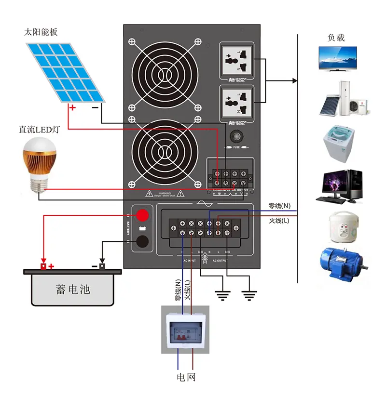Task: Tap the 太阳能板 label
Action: coord(41,32)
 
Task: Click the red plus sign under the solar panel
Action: coord(72,108)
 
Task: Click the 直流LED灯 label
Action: coord(38,130)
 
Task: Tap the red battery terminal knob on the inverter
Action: coord(141,215)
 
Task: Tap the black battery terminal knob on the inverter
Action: coord(141,242)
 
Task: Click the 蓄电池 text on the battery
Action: coord(73,290)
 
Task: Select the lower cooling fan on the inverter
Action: coord(165,151)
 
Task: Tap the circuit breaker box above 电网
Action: coord(185,329)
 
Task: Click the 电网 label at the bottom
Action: coord(186,377)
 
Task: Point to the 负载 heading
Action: coord(336,38)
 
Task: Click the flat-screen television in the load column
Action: coord(337,58)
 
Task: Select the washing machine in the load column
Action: coord(339,144)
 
